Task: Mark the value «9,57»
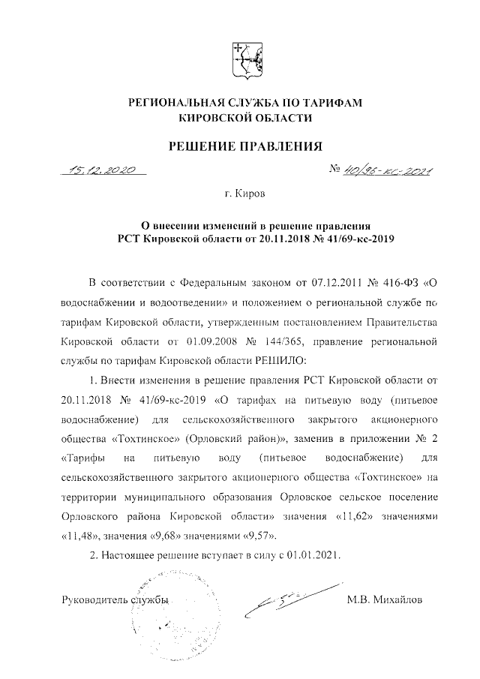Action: tap(259, 536)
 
